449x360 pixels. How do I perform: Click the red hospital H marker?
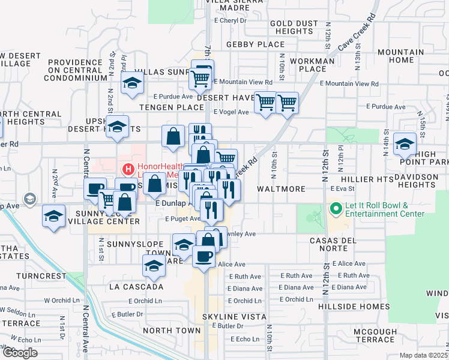(x=127, y=170)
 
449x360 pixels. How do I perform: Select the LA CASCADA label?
(x=136, y=287)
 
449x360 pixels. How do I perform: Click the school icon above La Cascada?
(x=154, y=266)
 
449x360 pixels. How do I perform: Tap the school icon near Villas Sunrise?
(x=131, y=84)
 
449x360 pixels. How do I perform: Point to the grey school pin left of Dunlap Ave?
(x=28, y=199)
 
